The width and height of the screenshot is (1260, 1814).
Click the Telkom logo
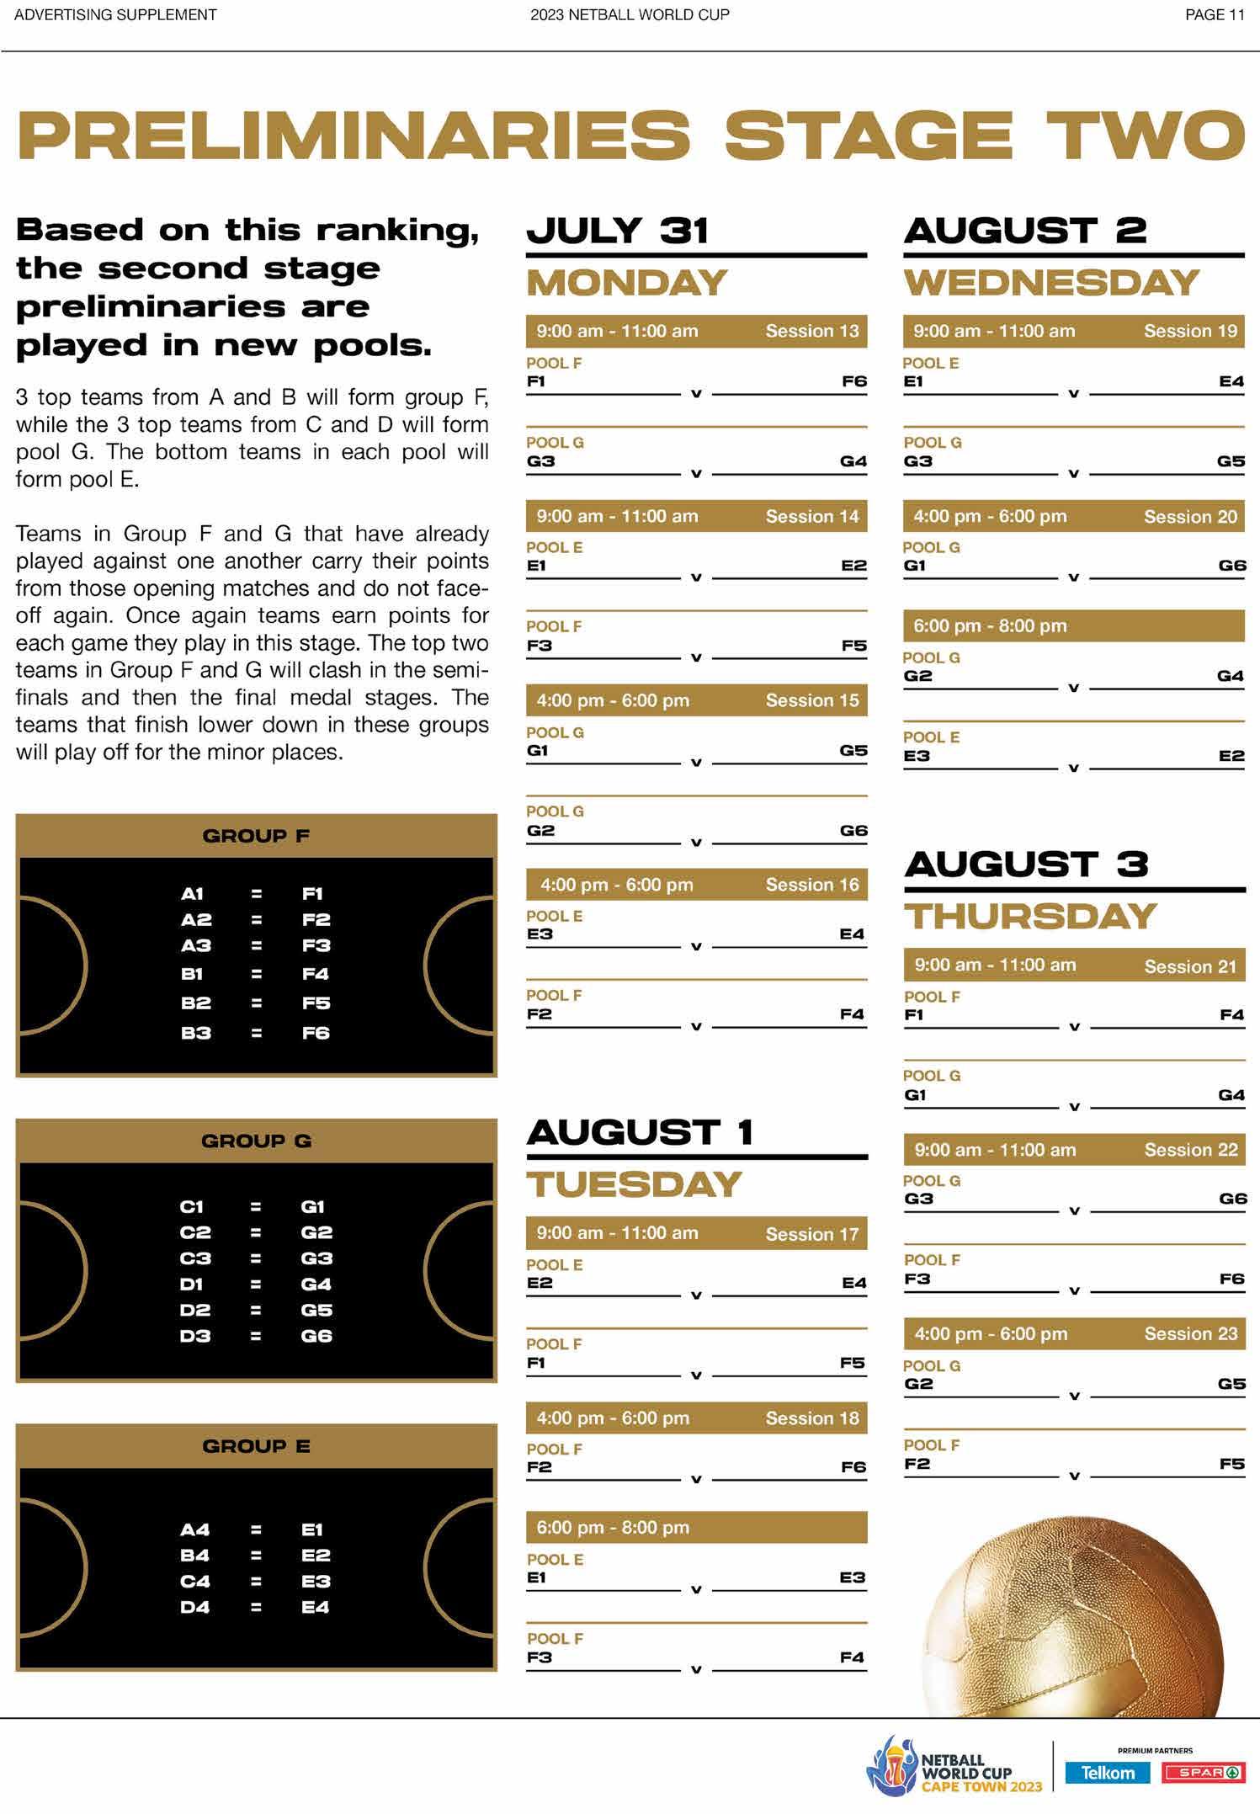click(1107, 1772)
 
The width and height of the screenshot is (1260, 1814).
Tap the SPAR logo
click(1202, 1773)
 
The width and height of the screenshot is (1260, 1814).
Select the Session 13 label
click(811, 331)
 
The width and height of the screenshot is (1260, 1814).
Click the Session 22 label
click(1190, 1150)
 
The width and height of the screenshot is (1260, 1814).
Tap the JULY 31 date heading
click(617, 231)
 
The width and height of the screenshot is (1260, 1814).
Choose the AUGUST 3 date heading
click(1026, 864)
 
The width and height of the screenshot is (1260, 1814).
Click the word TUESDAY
click(634, 1184)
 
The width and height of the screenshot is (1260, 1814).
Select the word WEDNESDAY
click(1051, 282)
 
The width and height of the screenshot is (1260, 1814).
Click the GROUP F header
click(256, 836)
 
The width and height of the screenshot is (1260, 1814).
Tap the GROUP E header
click(256, 1446)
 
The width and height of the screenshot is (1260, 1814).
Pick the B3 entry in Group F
click(195, 1033)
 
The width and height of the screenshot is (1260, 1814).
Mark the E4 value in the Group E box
click(316, 1607)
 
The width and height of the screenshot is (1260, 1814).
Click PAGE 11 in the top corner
click(1214, 15)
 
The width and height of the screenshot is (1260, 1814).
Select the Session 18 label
click(811, 1418)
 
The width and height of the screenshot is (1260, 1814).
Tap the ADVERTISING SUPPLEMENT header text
click(115, 15)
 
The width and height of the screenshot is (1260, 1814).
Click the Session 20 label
click(1190, 517)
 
